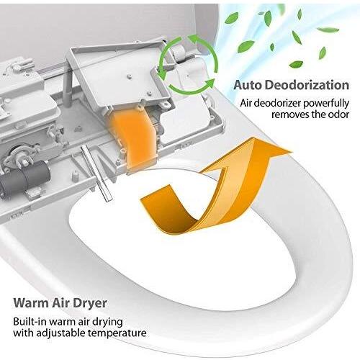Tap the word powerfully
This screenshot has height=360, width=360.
(x=326, y=104)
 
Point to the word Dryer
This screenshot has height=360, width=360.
(x=90, y=304)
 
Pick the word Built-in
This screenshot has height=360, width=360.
(x=30, y=321)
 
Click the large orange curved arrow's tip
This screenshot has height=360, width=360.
(x=292, y=152)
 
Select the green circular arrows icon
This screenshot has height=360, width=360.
(x=188, y=65)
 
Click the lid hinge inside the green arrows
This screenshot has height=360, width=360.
(x=181, y=58)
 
